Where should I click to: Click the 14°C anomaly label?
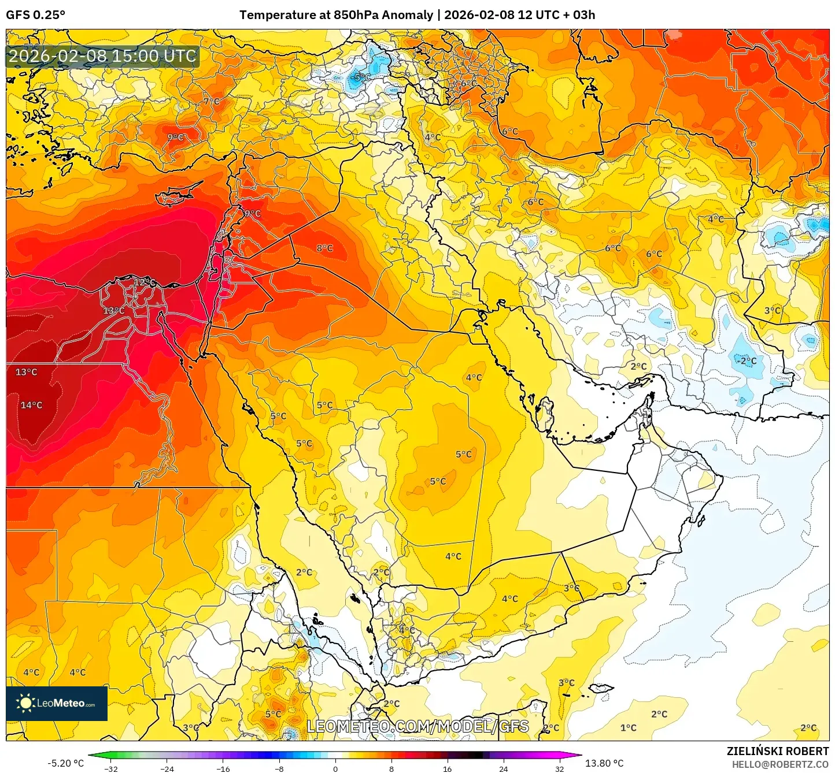pos(32,405)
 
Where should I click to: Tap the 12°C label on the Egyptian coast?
pos(145,283)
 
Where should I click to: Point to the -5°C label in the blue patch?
pos(361,77)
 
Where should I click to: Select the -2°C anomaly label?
pos(746,361)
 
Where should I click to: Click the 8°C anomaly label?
pos(324,248)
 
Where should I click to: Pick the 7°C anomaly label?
pos(212,101)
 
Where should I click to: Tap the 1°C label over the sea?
pos(628,727)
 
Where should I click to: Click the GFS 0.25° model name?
pos(35,15)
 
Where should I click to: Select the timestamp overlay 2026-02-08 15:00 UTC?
pos(102,56)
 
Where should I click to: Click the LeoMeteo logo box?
pos(57,703)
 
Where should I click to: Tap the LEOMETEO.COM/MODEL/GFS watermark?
pos(417,726)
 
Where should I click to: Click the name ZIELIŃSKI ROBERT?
pos(777,751)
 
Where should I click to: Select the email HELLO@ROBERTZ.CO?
pos(780,764)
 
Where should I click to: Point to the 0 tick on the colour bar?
pos(335,768)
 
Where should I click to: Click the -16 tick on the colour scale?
pos(223,768)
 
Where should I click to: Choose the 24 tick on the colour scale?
pos(504,768)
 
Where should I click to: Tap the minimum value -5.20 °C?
pos(65,763)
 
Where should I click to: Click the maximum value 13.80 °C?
pos(604,763)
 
